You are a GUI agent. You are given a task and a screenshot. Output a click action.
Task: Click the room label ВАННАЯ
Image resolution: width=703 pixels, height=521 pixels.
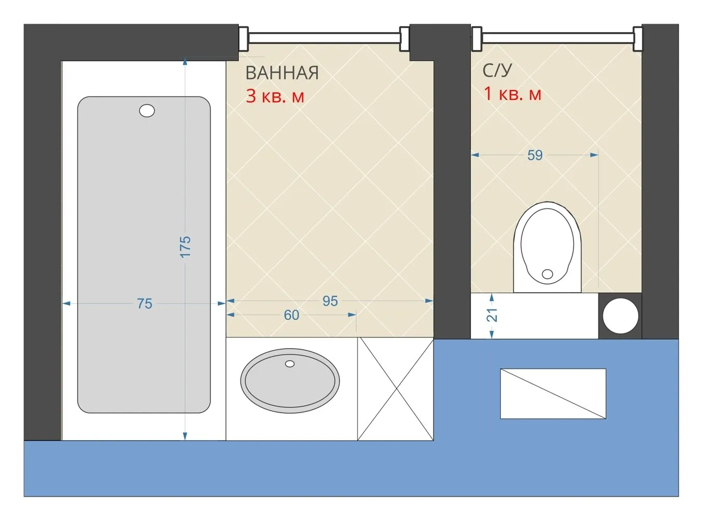click(x=282, y=73)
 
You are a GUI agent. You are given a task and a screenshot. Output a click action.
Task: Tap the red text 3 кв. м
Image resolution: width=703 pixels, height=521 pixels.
click(x=275, y=96)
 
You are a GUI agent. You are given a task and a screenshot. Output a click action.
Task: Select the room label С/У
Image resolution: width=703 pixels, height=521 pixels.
click(x=497, y=70)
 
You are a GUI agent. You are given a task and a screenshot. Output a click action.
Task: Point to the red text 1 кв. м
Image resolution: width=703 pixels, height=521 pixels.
click(x=513, y=94)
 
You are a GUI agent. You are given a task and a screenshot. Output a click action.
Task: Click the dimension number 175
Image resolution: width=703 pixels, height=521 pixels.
click(x=185, y=246)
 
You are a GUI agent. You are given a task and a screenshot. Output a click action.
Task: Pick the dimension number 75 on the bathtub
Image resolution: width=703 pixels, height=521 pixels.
click(x=145, y=304)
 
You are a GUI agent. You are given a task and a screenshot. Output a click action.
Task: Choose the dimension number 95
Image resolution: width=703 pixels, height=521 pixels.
click(x=330, y=301)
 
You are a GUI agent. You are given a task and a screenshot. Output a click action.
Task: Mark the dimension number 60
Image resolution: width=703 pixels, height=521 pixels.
click(x=291, y=315)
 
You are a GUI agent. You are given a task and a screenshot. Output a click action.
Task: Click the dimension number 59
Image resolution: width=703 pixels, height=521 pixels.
click(x=535, y=155)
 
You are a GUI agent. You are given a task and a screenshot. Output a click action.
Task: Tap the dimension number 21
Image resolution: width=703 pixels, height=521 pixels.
click(x=492, y=315)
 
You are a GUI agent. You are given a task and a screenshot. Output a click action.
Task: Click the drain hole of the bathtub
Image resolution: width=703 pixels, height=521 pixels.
click(x=147, y=111)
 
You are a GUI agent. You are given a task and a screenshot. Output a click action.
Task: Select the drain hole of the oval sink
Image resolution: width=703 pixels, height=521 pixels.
click(x=290, y=364)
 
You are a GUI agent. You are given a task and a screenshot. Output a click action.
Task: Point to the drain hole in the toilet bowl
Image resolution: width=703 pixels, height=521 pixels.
click(x=547, y=274)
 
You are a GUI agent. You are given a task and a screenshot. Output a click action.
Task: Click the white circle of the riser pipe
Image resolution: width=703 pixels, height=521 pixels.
click(x=620, y=316)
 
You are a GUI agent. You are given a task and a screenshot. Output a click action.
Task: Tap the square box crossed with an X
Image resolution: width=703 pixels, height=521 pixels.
click(x=395, y=389)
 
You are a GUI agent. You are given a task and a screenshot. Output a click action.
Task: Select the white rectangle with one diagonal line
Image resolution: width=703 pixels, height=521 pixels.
click(x=553, y=394)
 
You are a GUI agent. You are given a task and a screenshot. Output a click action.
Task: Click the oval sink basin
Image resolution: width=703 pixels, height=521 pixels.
click(x=290, y=381)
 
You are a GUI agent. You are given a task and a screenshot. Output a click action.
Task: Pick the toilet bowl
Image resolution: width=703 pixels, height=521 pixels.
click(x=547, y=246)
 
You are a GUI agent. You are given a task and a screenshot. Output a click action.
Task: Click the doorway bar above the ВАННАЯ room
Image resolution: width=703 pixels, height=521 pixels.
click(x=324, y=38)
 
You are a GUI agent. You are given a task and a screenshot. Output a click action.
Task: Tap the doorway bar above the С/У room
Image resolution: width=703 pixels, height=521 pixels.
click(x=557, y=38)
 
